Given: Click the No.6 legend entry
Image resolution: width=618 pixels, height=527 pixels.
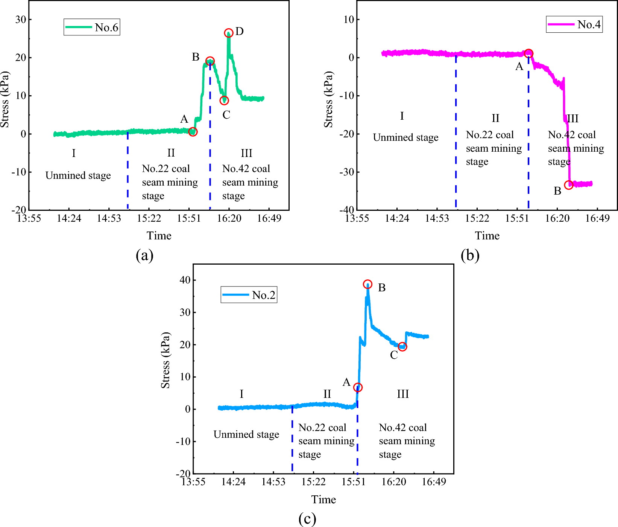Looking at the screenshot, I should [92, 27].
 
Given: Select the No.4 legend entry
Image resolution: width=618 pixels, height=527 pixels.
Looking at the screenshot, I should [574, 24].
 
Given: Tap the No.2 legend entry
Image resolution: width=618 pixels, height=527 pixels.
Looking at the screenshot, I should [249, 295].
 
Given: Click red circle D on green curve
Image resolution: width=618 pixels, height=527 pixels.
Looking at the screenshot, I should [229, 33].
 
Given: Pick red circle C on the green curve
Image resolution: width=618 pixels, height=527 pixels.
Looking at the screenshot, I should [224, 101].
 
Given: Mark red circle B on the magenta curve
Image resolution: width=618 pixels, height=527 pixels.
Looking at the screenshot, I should [569, 185].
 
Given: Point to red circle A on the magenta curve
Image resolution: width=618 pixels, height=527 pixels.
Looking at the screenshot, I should [528, 53].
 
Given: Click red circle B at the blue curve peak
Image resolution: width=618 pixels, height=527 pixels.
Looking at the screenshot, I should [367, 284].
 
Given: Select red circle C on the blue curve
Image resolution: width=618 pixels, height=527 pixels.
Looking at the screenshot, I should [402, 347].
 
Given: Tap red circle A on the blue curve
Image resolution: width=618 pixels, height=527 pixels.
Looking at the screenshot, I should [358, 387].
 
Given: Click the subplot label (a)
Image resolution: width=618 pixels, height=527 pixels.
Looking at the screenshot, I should [144, 255].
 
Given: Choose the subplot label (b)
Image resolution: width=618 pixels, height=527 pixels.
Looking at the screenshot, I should [470, 255].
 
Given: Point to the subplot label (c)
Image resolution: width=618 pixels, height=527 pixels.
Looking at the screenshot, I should [307, 519].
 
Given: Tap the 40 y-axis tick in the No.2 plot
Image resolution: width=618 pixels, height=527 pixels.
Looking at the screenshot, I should [185, 280].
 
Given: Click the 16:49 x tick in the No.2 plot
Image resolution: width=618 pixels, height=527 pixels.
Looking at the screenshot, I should [434, 482].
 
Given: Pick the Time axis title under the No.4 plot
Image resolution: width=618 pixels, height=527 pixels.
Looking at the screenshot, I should [487, 236].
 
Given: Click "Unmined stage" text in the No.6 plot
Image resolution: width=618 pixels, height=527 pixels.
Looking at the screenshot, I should [78, 175].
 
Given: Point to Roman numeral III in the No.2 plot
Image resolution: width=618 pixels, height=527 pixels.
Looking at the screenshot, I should [403, 394].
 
